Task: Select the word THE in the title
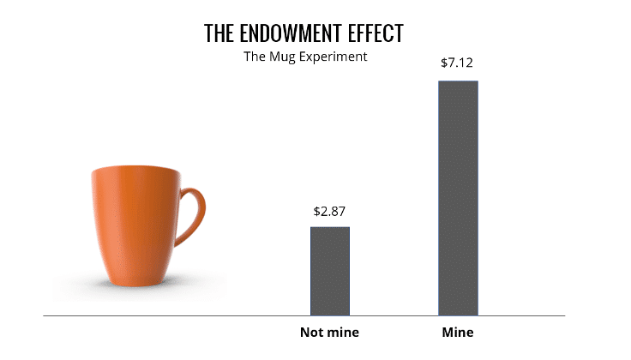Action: [x=217, y=33]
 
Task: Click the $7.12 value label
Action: [x=458, y=63]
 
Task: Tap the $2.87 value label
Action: [x=329, y=211]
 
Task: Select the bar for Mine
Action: [x=458, y=197]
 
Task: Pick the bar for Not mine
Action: [x=329, y=271]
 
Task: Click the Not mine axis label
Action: [x=329, y=333]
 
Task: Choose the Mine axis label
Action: [x=458, y=333]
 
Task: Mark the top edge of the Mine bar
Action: [x=458, y=81]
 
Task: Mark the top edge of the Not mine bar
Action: [x=329, y=227]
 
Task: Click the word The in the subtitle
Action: [x=255, y=57]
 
